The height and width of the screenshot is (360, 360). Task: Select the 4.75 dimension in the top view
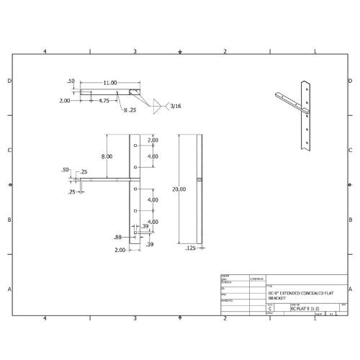(x=104, y=101)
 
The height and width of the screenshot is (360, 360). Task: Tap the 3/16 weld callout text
(x=176, y=107)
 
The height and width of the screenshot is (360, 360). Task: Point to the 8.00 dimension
(x=107, y=156)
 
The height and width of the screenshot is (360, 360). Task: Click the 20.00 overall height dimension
(x=179, y=189)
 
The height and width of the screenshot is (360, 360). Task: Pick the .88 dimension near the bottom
(x=118, y=237)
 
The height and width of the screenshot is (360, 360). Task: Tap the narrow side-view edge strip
(x=198, y=189)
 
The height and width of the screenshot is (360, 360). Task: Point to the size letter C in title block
(x=270, y=308)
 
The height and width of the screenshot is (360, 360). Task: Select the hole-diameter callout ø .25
(x=130, y=109)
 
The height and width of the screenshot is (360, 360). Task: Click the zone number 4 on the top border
(x=45, y=52)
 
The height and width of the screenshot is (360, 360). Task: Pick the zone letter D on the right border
(x=354, y=81)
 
